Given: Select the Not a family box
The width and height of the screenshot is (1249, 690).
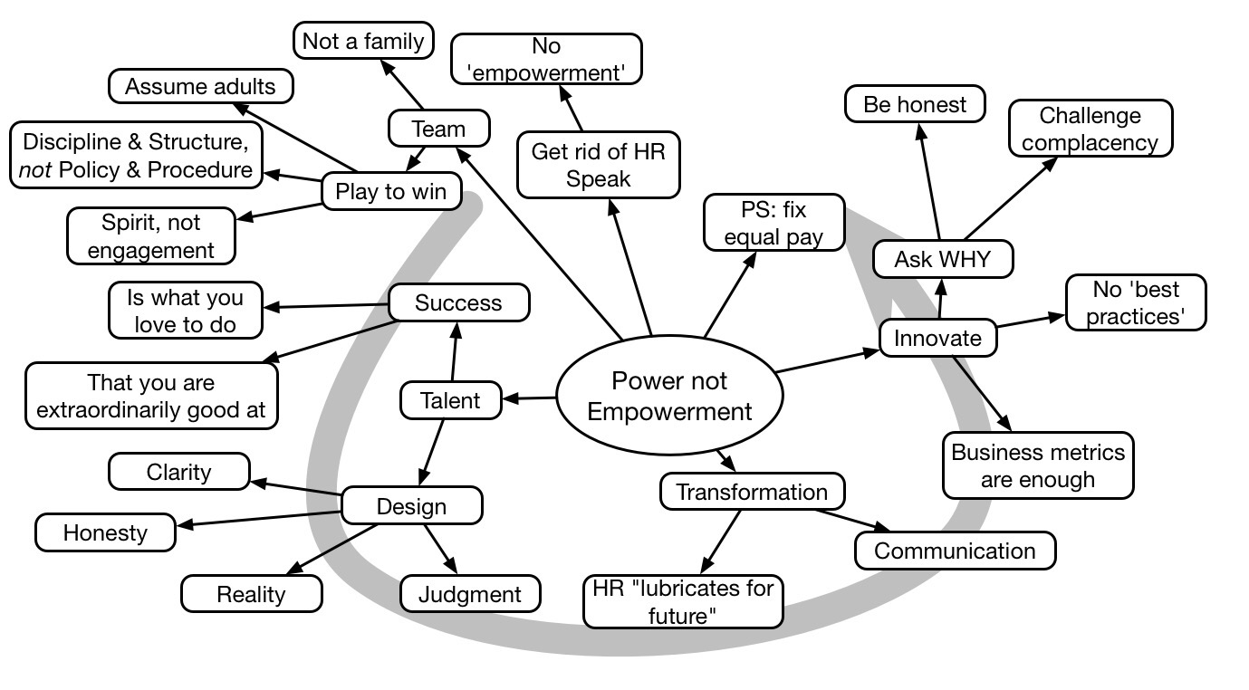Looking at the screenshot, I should (363, 41).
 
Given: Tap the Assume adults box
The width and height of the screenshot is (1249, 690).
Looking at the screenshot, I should (201, 87).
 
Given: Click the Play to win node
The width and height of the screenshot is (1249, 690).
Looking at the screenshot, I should (391, 191).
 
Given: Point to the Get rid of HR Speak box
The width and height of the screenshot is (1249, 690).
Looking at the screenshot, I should (598, 164).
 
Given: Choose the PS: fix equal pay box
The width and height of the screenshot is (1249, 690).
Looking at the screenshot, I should (773, 225).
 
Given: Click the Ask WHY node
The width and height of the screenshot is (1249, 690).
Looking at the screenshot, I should (942, 259).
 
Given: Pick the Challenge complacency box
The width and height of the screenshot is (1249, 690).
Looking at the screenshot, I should (1090, 129).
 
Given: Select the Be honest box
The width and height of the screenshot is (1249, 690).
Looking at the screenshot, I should (915, 104).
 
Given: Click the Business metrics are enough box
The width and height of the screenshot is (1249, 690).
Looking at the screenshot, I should (1037, 465).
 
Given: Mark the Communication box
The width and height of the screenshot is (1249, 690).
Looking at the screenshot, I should (955, 551).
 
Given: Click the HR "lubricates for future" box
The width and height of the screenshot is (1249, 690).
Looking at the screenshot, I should (683, 602).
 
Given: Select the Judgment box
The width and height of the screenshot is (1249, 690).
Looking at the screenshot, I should (470, 594).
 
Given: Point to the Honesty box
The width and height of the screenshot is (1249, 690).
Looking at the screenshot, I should (105, 532).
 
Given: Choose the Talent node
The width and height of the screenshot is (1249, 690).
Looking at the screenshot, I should (450, 400).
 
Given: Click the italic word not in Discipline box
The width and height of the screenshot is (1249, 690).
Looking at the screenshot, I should (34, 169).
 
